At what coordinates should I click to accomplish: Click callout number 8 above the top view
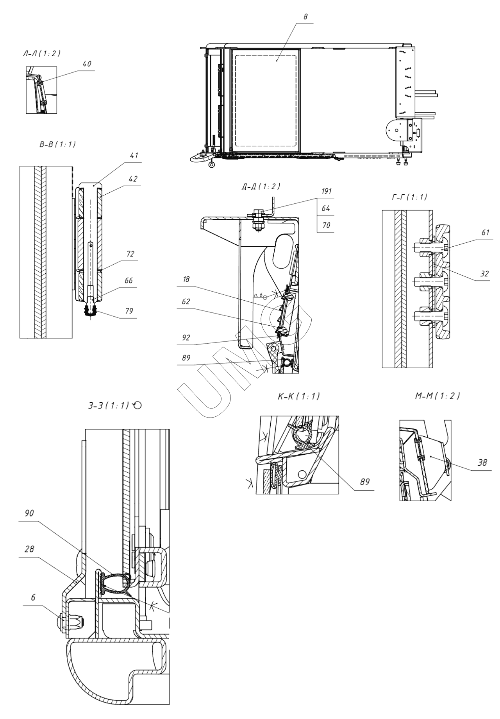(305, 18)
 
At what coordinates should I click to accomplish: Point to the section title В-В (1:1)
(57, 145)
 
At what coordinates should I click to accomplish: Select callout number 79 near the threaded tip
(129, 311)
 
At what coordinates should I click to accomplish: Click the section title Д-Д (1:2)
(261, 186)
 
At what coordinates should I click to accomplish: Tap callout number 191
(326, 191)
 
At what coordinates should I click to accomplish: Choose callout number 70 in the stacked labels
(326, 226)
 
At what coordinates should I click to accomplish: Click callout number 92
(186, 337)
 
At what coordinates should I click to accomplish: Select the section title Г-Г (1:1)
(409, 197)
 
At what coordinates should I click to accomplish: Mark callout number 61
(485, 233)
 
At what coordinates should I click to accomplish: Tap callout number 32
(484, 274)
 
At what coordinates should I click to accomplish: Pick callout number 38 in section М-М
(483, 463)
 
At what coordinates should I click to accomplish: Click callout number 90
(29, 513)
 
